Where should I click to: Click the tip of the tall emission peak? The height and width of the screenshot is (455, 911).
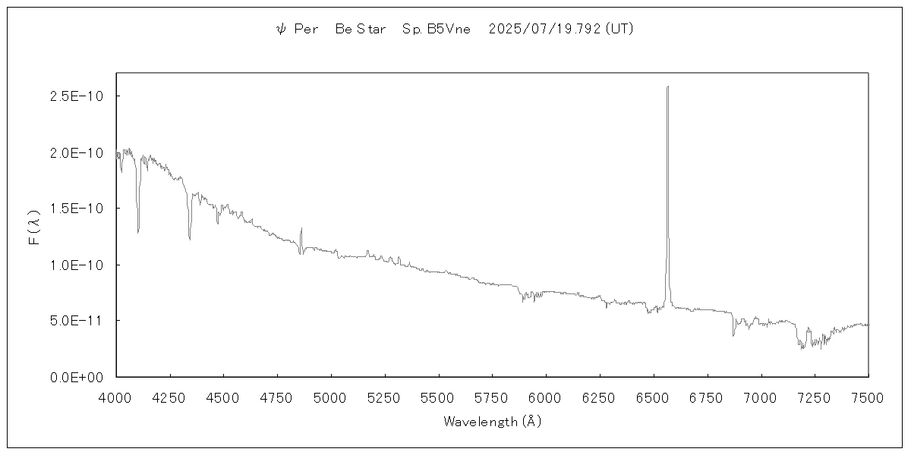coord(667,86)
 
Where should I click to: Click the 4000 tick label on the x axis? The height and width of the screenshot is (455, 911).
coord(116,397)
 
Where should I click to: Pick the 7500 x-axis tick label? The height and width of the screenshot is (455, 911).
coord(868,397)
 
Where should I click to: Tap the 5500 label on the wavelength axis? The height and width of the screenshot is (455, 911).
coord(438,397)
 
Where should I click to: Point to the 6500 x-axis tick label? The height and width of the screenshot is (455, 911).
coord(653,397)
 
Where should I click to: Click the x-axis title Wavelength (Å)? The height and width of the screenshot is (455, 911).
coord(492,422)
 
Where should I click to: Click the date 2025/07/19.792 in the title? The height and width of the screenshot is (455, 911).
coord(546,30)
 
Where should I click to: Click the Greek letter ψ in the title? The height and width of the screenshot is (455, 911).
coord(280,30)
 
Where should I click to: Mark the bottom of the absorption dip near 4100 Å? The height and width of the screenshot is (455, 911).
coord(138,233)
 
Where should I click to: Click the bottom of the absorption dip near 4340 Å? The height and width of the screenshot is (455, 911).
coord(190,240)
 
